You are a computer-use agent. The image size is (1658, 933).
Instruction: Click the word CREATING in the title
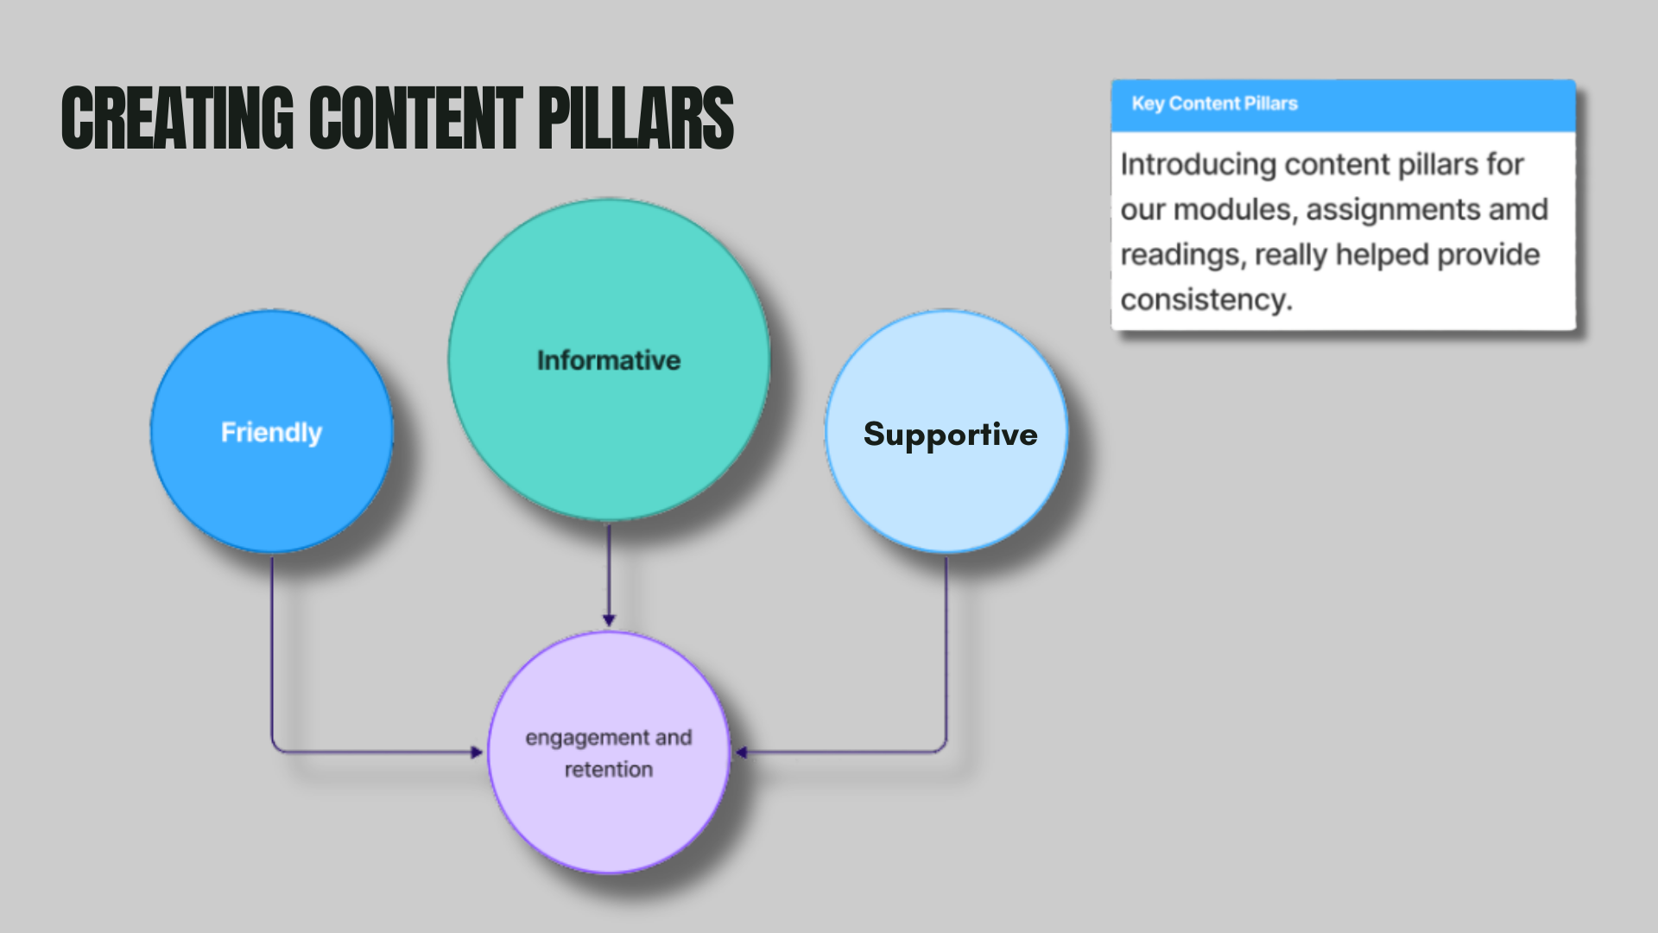pos(177,118)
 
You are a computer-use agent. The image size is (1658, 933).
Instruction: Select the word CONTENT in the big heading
pos(415,118)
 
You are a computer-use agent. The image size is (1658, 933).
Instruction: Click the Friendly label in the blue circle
pos(271,432)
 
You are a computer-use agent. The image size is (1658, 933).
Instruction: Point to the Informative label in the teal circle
pos(609,360)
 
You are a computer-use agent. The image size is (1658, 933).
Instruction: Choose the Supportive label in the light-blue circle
pos(950,435)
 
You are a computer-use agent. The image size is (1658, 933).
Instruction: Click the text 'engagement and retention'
pos(609,753)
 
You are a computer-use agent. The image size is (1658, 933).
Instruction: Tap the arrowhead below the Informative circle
pos(609,619)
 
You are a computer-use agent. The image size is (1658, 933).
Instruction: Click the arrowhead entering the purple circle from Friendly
pos(476,752)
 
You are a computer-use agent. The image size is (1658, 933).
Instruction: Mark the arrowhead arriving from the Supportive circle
pos(742,752)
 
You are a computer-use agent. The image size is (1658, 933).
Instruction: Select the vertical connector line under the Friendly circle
pos(272,648)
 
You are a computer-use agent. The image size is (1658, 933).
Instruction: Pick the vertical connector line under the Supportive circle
pos(946,648)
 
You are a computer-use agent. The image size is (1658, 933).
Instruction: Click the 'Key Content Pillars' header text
pos(1214,104)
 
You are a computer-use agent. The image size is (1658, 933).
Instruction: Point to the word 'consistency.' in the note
pos(1206,300)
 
